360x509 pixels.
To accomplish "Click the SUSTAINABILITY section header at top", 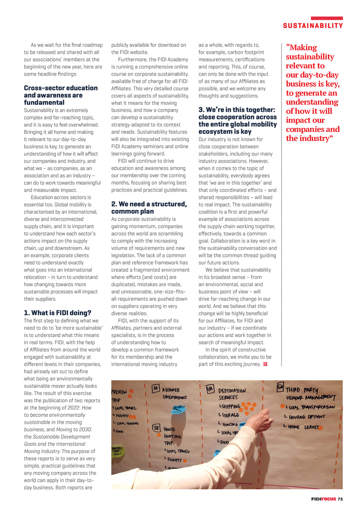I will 313,26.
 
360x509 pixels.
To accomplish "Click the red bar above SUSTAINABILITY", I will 327,18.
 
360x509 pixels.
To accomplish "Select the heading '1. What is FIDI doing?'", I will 58,313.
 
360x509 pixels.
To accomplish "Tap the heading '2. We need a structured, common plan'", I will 149,208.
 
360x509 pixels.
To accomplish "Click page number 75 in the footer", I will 340,499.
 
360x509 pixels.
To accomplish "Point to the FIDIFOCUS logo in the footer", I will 323,499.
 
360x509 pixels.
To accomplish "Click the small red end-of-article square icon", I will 265,364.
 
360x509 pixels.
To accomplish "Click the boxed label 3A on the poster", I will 156,388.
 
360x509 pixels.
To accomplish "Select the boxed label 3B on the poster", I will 156,428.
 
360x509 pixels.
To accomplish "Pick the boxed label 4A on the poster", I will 210,389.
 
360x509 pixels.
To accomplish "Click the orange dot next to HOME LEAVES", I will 320,428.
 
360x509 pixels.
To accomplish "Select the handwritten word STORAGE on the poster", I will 231,415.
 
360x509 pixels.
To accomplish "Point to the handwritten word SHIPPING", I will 231,407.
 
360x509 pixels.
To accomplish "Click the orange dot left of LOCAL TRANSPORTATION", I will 282,406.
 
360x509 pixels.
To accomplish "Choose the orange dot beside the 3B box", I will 149,435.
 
